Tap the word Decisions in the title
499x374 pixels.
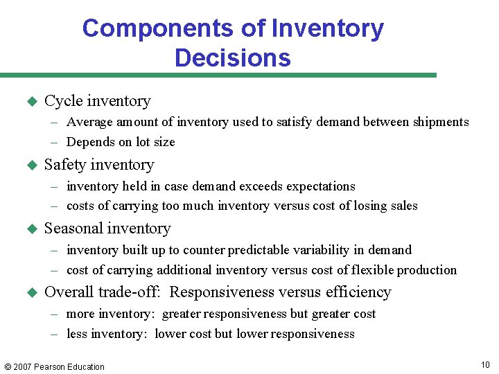click(x=232, y=57)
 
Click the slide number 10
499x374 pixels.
click(x=485, y=365)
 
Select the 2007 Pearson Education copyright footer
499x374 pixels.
click(x=54, y=366)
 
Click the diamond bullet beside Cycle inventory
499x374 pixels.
click(x=30, y=101)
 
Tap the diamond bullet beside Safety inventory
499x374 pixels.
click(x=30, y=166)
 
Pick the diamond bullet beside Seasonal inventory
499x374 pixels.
click(x=30, y=229)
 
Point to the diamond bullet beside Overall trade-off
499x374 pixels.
click(x=30, y=293)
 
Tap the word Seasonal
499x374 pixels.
click(x=73, y=229)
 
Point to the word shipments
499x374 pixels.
click(x=441, y=123)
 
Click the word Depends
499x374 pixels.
click(x=91, y=142)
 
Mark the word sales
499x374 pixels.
click(x=403, y=206)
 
